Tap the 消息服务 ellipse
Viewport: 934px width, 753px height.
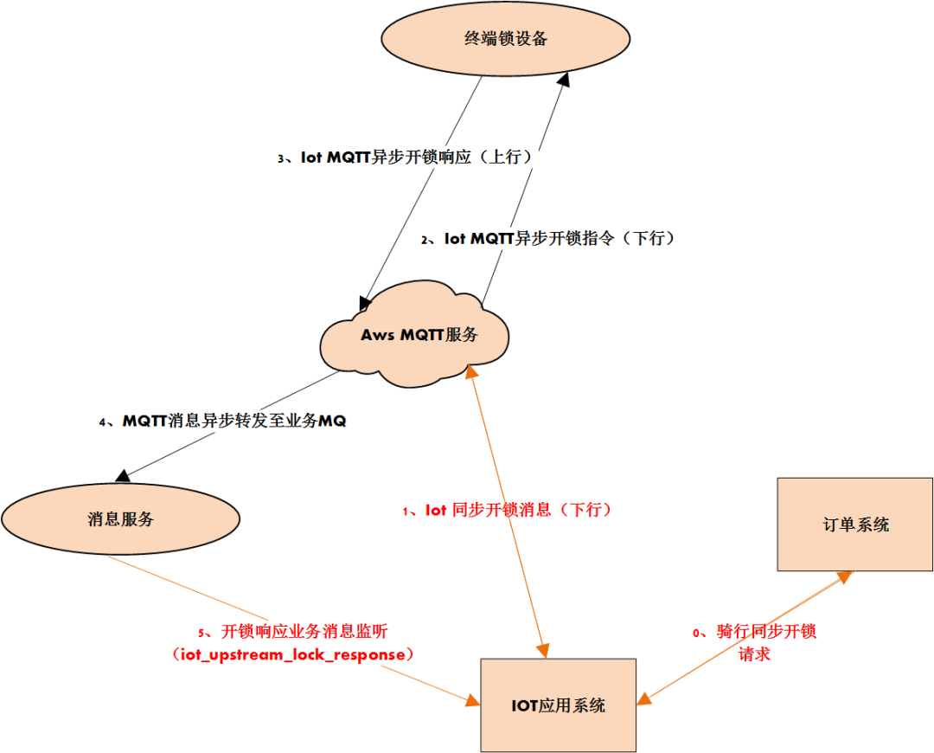(x=120, y=519)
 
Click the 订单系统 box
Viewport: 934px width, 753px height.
(x=854, y=524)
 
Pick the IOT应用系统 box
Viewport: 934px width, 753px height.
(x=558, y=705)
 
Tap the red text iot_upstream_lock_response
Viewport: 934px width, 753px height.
(x=294, y=654)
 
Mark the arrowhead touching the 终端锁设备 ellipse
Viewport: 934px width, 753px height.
(x=564, y=79)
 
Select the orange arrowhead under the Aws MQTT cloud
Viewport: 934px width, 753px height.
(x=470, y=370)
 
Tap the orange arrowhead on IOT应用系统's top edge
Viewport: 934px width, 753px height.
(x=544, y=651)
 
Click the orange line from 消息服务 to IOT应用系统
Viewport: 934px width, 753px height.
(x=285, y=627)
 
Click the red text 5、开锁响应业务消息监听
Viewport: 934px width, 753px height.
(x=298, y=631)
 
